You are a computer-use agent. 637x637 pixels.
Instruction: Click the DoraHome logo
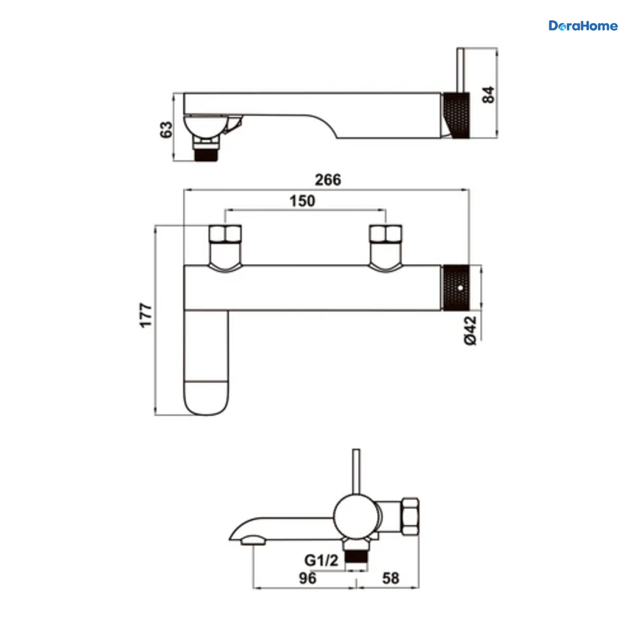583,26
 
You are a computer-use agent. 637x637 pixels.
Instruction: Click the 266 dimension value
328,180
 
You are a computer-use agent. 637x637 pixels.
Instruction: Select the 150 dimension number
302,201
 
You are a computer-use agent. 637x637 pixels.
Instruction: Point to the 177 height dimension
146,315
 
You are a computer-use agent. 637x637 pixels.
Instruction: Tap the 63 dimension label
166,130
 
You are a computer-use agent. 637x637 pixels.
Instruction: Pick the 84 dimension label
488,95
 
